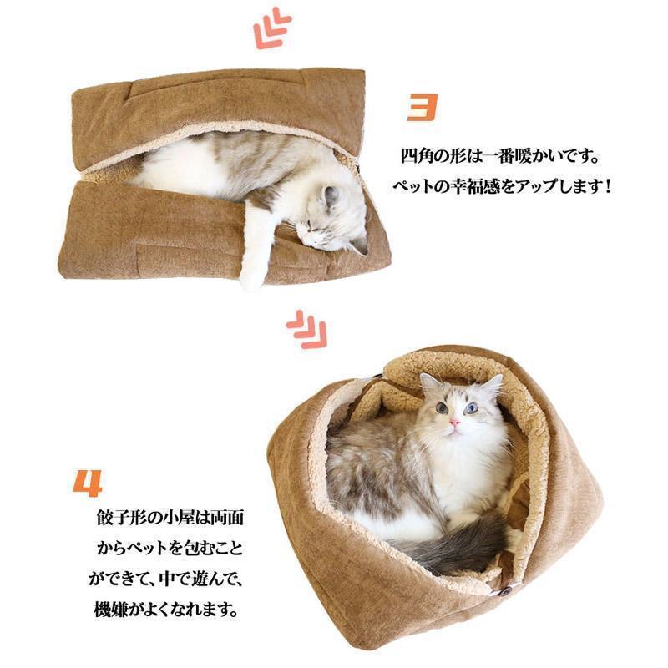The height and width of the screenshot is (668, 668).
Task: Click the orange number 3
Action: coord(423,107)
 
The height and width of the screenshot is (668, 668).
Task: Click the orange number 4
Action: coord(89,483)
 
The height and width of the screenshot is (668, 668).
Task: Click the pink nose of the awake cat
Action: coord(454,423)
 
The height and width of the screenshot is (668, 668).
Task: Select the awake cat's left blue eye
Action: coord(442,408)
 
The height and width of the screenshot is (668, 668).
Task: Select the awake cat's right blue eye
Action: coord(471,408)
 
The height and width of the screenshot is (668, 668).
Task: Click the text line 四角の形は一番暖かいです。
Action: coord(499,157)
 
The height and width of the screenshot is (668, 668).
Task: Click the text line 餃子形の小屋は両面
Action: coord(170,518)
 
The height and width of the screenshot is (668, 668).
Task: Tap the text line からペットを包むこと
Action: coord(170,549)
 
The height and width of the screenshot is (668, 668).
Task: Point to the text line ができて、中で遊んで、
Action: coord(166,579)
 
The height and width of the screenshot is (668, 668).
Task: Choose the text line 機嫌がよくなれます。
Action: coord(165,610)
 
